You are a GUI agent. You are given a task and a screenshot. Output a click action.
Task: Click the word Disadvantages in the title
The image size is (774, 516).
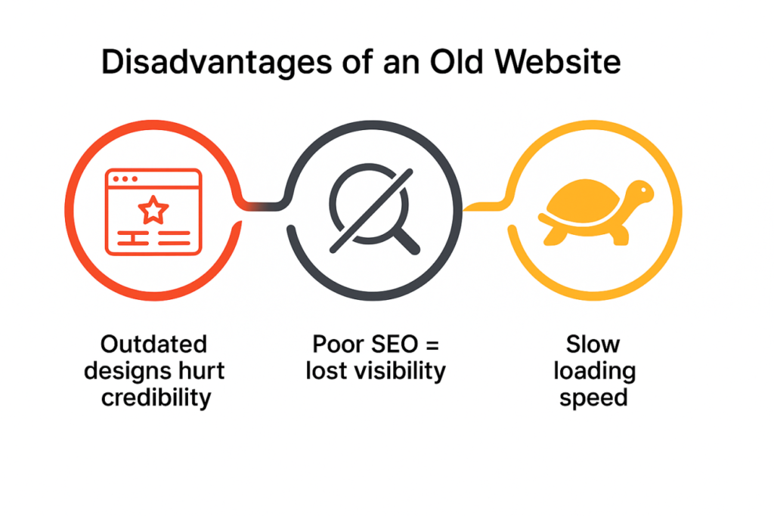[217, 62]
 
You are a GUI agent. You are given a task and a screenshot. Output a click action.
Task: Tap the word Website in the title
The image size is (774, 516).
[558, 62]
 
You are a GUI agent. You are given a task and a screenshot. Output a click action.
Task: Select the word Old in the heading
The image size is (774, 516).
[456, 62]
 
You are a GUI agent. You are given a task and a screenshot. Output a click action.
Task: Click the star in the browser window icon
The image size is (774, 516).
[153, 210]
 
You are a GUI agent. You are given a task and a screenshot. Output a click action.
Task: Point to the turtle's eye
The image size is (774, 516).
[643, 189]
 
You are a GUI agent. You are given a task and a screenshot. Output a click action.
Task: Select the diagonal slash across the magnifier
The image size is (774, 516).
[371, 211]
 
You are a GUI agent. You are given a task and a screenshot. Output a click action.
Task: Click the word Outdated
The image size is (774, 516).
[153, 344]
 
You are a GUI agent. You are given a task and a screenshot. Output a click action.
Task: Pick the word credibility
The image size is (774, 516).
[156, 398]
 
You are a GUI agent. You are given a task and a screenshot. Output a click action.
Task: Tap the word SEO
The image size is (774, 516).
[395, 344]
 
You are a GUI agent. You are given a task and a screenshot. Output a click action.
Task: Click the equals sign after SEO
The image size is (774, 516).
[432, 345]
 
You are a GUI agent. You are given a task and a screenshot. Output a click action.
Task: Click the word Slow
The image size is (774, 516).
[593, 344]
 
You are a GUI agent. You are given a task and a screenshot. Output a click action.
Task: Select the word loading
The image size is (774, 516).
[594, 372]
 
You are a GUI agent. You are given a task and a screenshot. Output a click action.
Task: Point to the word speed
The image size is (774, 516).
[593, 398]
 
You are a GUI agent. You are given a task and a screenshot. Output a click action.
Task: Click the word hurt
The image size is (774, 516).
[201, 371]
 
